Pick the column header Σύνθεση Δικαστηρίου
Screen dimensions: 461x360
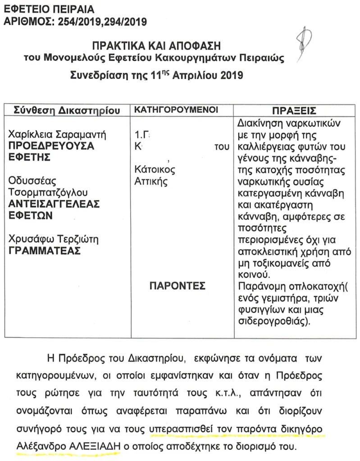tap(65, 110)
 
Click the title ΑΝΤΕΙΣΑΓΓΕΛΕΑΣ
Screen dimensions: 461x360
tap(55, 204)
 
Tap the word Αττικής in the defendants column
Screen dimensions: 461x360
tap(151, 182)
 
